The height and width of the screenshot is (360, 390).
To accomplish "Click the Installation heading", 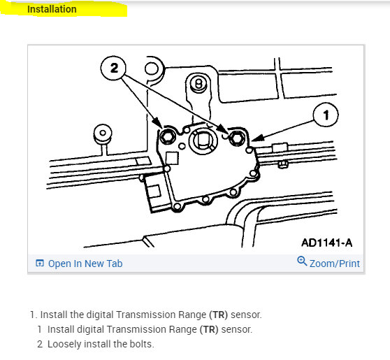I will pyautogui.click(x=52, y=10).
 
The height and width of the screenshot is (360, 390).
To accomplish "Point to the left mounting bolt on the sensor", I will pyautogui.click(x=168, y=136).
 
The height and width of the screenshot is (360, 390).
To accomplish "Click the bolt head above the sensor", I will pyautogui.click(x=199, y=83).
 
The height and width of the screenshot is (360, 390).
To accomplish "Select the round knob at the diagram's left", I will pyautogui.click(x=102, y=133).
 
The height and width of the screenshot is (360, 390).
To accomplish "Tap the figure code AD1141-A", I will pyautogui.click(x=326, y=243).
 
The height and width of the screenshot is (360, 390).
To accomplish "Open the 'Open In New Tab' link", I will pyautogui.click(x=85, y=264).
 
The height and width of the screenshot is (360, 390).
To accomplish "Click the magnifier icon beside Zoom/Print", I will pyautogui.click(x=301, y=262).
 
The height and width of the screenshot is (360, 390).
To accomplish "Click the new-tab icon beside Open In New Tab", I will pyautogui.click(x=40, y=264).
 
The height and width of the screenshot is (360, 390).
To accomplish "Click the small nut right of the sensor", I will pyautogui.click(x=283, y=165).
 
